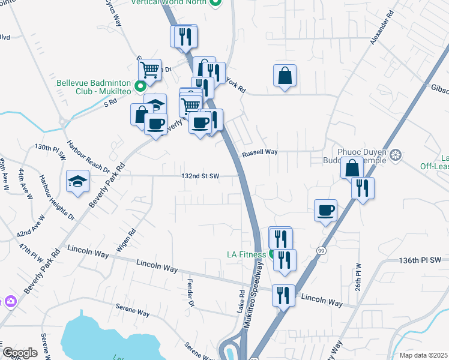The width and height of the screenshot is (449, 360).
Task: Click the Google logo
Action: (19, 353)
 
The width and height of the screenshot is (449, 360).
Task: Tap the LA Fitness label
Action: (246, 254)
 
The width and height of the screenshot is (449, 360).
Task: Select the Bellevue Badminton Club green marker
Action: (139, 86)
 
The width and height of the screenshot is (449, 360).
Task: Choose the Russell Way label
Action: (259, 153)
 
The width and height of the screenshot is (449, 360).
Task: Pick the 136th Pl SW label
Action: (420, 260)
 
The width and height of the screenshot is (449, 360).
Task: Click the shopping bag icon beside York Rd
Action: (285, 76)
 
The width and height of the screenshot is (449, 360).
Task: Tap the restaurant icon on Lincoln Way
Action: (283, 295)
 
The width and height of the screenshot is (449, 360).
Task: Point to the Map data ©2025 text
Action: (423, 355)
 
